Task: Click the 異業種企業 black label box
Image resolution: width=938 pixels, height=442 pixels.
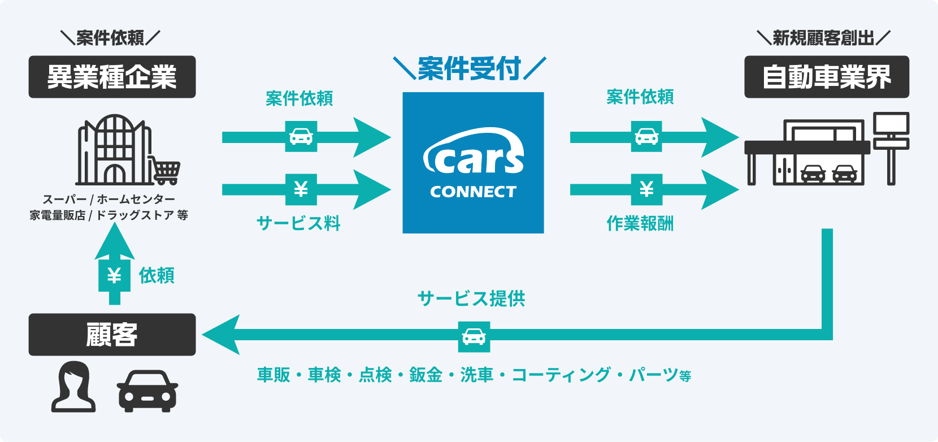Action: (112, 77)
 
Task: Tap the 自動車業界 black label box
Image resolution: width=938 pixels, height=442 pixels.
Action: (826, 77)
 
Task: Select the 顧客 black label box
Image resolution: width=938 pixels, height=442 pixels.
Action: (112, 335)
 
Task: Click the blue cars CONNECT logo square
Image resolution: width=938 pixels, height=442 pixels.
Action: (473, 163)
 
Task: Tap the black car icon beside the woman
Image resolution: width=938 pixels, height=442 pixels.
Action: (147, 391)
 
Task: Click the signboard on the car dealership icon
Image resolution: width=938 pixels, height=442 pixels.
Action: (891, 130)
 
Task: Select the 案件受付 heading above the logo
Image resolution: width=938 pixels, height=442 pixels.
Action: (469, 69)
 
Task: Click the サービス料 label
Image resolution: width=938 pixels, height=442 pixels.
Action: (298, 223)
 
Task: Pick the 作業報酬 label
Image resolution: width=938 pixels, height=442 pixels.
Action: (640, 224)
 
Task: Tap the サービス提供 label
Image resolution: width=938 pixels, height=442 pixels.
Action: (471, 298)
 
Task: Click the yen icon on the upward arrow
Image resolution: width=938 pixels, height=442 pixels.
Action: (114, 275)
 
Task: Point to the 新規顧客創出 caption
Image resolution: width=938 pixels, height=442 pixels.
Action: (823, 38)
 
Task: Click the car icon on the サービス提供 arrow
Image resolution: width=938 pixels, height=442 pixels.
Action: (474, 337)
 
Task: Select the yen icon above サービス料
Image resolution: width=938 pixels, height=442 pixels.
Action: (301, 189)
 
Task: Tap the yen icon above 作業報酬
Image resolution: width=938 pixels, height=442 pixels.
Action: (646, 189)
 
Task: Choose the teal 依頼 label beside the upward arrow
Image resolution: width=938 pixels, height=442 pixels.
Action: (157, 275)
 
